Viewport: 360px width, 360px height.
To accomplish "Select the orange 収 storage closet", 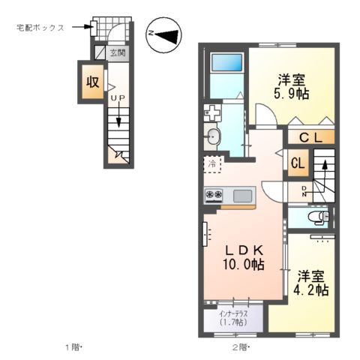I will click(92, 82).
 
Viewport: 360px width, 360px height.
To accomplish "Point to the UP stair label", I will click(116, 97).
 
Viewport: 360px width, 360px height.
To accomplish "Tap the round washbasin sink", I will click(213, 136).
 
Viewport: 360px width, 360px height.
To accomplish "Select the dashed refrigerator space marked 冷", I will click(212, 163).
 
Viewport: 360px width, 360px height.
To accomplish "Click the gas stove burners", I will click(214, 196).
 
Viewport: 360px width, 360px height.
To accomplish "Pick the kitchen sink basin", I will click(243, 196).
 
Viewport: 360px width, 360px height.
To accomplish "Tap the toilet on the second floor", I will click(318, 217).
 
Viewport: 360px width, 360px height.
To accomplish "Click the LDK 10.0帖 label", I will click(242, 256).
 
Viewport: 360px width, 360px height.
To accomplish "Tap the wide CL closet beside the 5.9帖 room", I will click(310, 137).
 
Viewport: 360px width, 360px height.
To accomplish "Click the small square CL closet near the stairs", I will click(297, 163).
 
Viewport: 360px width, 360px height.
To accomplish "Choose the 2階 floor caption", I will click(240, 346).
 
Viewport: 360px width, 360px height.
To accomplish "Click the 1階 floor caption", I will click(72, 346).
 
